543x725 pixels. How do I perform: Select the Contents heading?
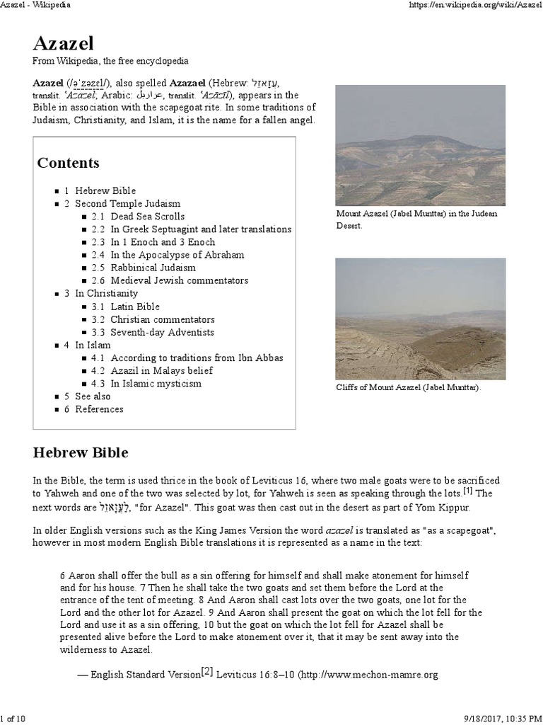click(68, 163)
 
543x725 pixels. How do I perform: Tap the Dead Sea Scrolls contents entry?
click(147, 217)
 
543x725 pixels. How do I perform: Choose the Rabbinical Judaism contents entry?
click(153, 268)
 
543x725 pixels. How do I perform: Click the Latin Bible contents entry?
click(134, 307)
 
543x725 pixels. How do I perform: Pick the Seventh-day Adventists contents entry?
click(162, 332)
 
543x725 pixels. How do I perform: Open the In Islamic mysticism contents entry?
click(156, 384)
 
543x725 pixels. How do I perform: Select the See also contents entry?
click(93, 396)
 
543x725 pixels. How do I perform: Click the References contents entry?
click(99, 409)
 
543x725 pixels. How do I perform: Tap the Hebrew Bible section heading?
click(81, 451)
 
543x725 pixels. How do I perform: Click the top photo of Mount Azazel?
click(420, 145)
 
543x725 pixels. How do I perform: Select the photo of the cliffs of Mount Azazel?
click(420, 318)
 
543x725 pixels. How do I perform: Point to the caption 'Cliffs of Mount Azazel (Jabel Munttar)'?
click(408, 388)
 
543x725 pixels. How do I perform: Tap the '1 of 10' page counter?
click(13, 719)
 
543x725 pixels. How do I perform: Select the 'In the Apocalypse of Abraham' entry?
click(177, 255)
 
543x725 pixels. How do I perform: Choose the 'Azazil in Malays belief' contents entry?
click(162, 371)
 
